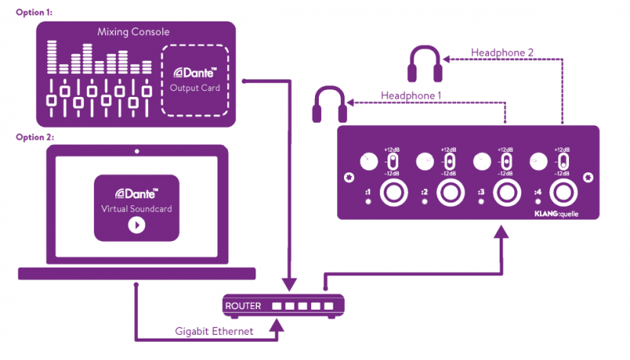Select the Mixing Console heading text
point(134,32)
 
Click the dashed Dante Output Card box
point(196,80)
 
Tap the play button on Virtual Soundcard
point(137,225)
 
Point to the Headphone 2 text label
point(501,52)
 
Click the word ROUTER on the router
point(243,306)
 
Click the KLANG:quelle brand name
point(561,216)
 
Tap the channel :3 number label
point(481,192)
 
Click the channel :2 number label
point(424,192)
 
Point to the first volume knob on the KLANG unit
point(368,162)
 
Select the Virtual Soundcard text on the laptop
point(137,208)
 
